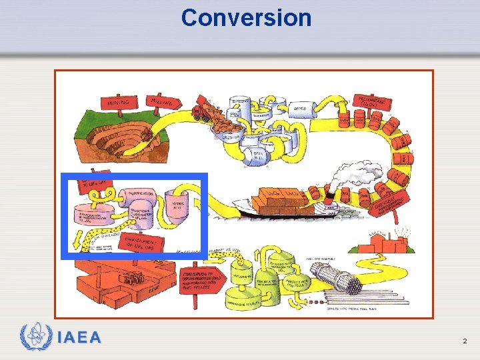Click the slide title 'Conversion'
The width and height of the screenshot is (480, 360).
click(246, 17)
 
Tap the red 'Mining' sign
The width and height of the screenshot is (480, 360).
click(119, 102)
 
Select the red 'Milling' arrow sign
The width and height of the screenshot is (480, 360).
click(163, 101)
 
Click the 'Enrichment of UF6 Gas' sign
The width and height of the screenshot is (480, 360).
click(141, 241)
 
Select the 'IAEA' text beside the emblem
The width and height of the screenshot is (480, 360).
click(80, 337)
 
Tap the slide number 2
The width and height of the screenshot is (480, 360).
click(465, 341)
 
